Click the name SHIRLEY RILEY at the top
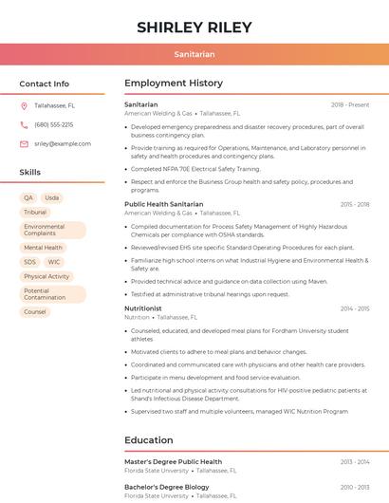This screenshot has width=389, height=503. pyautogui.click(x=194, y=28)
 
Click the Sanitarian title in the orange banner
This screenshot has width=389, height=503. pyautogui.click(x=194, y=54)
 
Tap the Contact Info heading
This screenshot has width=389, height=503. pyautogui.click(x=45, y=84)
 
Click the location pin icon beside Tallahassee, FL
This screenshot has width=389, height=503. pyautogui.click(x=24, y=105)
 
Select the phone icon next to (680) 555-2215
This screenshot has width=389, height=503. pyautogui.click(x=24, y=124)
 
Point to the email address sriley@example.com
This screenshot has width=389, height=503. pyautogui.click(x=63, y=143)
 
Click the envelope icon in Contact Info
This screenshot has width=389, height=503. pyautogui.click(x=24, y=143)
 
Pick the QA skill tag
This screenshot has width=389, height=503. pyautogui.click(x=29, y=198)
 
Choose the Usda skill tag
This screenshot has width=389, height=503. pyautogui.click(x=52, y=198)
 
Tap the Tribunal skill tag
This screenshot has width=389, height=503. pyautogui.click(x=35, y=213)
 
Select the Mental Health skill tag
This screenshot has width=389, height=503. pyautogui.click(x=43, y=248)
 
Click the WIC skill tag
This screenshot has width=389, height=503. pyautogui.click(x=54, y=262)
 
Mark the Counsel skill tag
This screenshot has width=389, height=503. pyautogui.click(x=35, y=311)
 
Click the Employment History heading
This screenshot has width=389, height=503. pyautogui.click(x=174, y=84)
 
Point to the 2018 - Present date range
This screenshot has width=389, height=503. pyautogui.click(x=350, y=104)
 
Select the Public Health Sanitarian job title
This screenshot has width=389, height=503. pyautogui.click(x=163, y=204)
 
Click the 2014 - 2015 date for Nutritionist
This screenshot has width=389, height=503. pyautogui.click(x=355, y=308)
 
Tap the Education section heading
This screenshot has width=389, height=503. pyautogui.click(x=149, y=440)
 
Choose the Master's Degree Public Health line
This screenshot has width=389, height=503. pyautogui.click(x=173, y=462)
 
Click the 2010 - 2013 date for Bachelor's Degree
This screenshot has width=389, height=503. pyautogui.click(x=355, y=487)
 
